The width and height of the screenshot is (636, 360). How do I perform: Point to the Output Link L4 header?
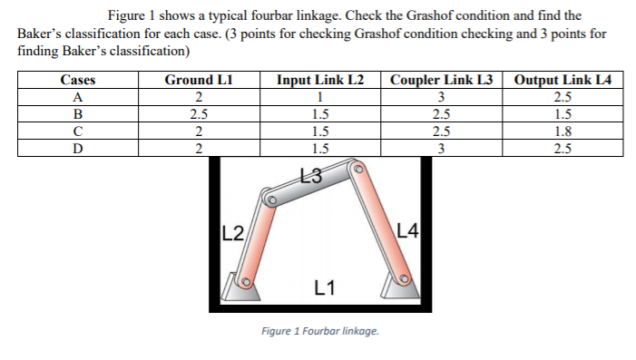[563, 80]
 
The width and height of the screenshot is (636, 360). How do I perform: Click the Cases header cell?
[77, 80]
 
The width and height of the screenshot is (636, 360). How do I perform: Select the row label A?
[77, 97]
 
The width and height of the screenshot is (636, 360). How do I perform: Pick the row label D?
[77, 149]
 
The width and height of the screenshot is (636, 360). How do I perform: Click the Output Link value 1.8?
[563, 131]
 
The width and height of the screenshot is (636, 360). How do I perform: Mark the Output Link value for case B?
[563, 114]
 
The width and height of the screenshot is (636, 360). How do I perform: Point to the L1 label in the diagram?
[325, 288]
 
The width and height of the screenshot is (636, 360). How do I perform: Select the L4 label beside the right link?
[407, 229]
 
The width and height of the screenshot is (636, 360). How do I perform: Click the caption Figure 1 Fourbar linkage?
[319, 331]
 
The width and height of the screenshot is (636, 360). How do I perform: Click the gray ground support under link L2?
[240, 288]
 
